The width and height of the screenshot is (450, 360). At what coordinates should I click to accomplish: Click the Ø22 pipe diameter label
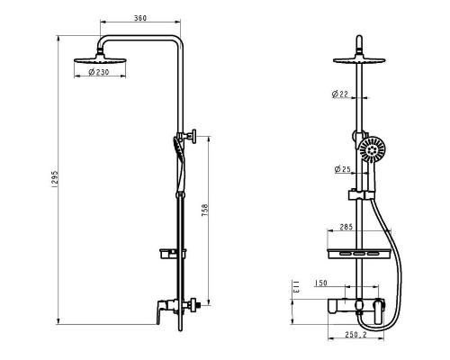point(340,94)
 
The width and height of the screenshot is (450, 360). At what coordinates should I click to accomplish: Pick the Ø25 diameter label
point(342,168)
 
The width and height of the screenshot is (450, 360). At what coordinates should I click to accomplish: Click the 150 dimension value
point(321,283)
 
